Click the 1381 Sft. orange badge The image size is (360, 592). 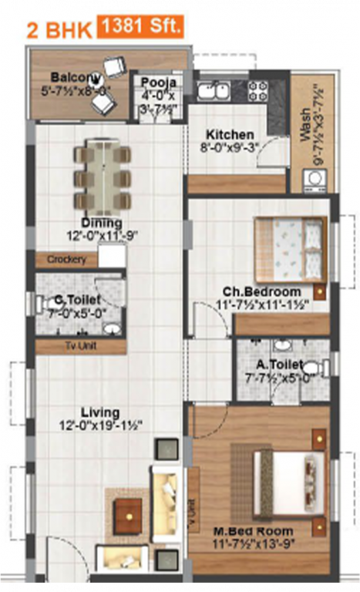tap(140, 29)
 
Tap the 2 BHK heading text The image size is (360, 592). tap(59, 31)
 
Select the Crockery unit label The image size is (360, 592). tap(66, 260)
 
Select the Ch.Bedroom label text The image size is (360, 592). tap(261, 292)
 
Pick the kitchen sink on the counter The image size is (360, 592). tap(211, 91)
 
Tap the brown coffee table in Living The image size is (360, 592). tap(128, 516)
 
